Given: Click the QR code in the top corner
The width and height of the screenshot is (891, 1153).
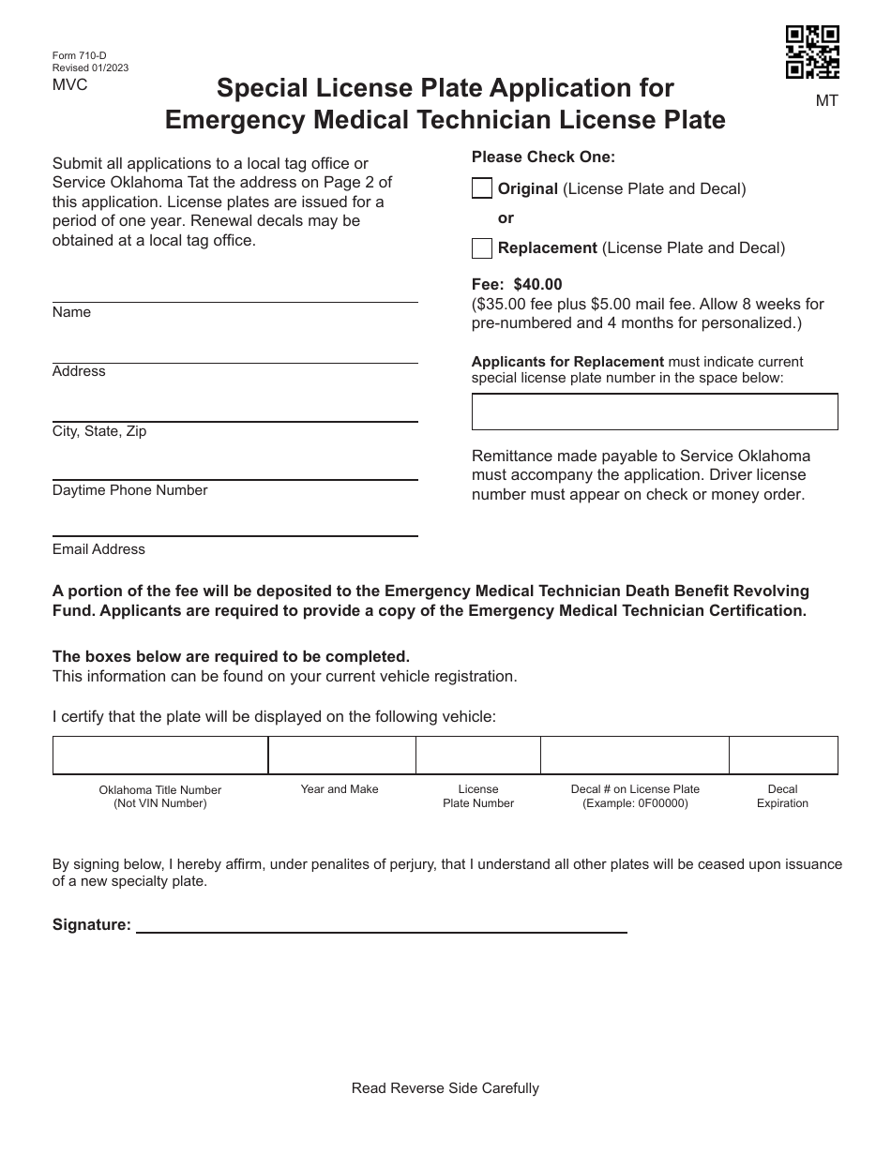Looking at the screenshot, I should [812, 52].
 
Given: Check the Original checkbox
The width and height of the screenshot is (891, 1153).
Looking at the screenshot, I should [481, 188].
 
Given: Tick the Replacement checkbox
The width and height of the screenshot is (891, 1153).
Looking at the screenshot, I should [481, 248].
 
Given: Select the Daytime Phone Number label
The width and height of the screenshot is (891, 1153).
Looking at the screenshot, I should [130, 490].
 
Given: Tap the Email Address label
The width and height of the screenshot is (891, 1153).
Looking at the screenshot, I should [98, 549].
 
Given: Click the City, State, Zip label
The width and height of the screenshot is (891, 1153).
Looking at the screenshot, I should [99, 431].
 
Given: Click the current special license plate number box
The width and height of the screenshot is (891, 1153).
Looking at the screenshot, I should [655, 412].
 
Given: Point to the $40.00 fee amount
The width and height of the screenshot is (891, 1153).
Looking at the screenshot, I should [537, 284].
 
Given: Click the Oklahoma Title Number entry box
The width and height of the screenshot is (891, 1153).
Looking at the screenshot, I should [160, 755].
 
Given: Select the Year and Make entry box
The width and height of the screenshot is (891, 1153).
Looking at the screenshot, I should [341, 755].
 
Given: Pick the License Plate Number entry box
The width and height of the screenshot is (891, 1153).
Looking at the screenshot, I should [478, 755].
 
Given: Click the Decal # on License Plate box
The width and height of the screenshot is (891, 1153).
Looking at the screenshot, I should [635, 755].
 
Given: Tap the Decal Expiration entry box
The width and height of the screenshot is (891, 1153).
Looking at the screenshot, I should [783, 755].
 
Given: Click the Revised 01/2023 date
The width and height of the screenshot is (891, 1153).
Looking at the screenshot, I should [92, 68].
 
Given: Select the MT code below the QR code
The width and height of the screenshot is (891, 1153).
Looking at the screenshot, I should [826, 100].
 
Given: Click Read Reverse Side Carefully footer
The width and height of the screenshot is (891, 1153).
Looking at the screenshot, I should [445, 1088].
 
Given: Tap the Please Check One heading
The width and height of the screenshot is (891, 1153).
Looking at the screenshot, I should [543, 157].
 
